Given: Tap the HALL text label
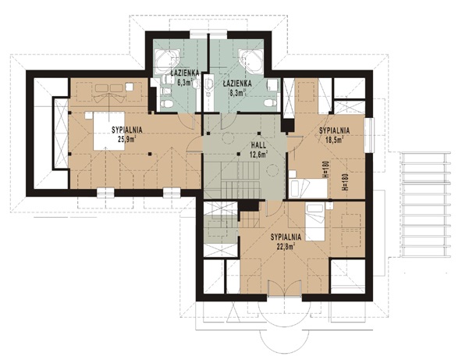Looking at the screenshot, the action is point(258,145).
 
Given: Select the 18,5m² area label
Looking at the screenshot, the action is point(334,140).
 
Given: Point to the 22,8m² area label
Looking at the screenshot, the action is point(286,246).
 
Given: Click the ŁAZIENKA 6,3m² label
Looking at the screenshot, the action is point(185,77).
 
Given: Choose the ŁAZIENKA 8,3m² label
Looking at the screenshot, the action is point(237,88).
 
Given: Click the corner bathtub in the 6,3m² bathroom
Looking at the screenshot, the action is point(167,62).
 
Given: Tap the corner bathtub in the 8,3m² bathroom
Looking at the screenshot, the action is point(251,61).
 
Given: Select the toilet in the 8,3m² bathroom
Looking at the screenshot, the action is point(271,103).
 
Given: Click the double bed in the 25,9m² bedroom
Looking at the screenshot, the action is point(109,130).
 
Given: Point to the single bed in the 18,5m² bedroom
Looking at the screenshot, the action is point(308,188).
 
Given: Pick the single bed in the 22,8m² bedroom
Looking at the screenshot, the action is point(315,222).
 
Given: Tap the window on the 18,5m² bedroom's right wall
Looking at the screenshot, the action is point(369,135).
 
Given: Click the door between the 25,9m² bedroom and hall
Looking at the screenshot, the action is point(194,144).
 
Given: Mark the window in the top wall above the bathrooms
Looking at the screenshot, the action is point(208,34).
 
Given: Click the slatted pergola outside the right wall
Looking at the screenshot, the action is point(426,205).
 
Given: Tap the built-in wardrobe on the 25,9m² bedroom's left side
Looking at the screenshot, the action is point(61,134).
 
